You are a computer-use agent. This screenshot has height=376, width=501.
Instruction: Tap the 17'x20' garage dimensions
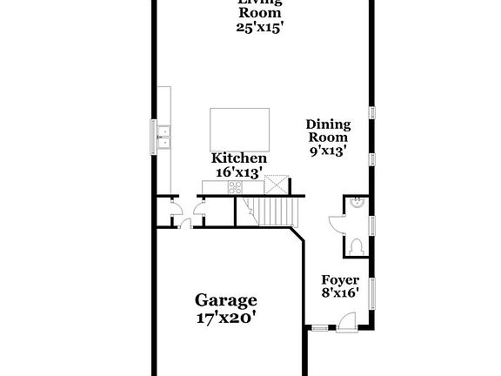(225, 318)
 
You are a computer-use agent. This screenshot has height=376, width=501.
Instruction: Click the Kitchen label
(239, 158)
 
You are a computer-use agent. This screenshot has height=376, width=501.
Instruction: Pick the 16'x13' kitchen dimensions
(239, 172)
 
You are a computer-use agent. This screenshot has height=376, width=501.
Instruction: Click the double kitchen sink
(164, 136)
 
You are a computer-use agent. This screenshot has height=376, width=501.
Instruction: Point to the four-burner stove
(235, 185)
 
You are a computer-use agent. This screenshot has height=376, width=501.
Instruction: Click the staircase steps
(277, 211)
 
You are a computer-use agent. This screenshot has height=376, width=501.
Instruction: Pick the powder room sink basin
(357, 203)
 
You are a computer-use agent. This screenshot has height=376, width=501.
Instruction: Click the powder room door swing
(336, 222)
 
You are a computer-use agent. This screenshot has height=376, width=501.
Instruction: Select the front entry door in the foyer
(347, 323)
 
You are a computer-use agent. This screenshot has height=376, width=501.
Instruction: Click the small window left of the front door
(320, 328)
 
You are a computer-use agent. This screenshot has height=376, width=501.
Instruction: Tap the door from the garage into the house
(184, 225)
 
